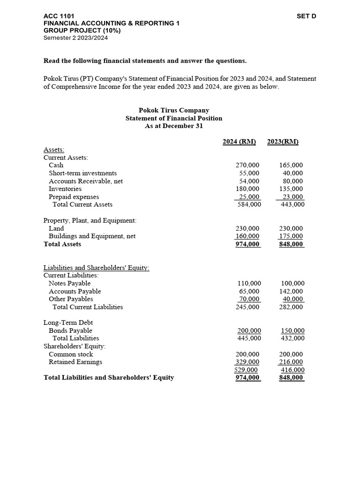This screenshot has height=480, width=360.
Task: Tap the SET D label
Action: [x=307, y=16]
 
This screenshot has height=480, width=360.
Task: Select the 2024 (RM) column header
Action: [x=239, y=142]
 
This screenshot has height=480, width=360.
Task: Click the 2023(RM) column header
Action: [x=283, y=142]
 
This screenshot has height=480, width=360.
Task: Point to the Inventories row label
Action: [x=65, y=189]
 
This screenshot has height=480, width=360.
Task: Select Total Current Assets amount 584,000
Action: [x=248, y=204]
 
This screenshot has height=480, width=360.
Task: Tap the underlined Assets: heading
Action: [x=54, y=150]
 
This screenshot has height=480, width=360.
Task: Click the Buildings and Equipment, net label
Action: [x=92, y=236]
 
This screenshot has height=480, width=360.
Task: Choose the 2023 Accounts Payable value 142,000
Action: [x=292, y=291]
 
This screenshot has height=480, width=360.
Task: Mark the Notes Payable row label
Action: [x=69, y=283]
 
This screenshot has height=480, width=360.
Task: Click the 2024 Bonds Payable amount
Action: [x=248, y=330]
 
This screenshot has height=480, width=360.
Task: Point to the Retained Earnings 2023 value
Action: [x=292, y=362]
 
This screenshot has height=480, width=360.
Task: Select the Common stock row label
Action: [x=71, y=354]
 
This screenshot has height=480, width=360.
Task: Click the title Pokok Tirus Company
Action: [x=174, y=110]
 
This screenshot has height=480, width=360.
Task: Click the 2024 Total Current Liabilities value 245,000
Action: [x=248, y=307]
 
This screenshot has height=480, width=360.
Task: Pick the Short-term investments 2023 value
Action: [x=293, y=173]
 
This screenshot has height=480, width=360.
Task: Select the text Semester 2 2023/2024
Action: [x=75, y=38]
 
